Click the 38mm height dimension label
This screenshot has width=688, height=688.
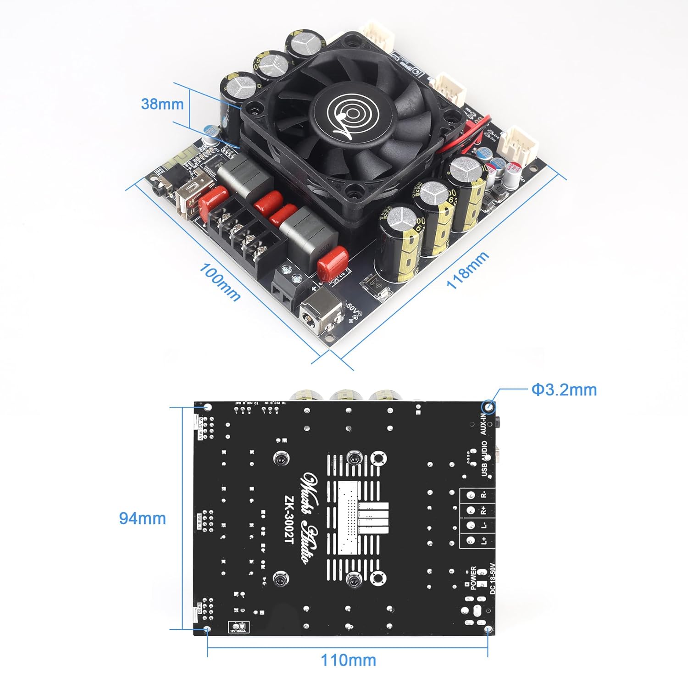tap(162, 104)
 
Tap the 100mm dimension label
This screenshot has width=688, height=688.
tap(220, 281)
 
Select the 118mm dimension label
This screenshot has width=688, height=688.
tap(467, 271)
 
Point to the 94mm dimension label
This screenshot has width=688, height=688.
tap(142, 518)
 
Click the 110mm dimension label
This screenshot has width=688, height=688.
tap(348, 660)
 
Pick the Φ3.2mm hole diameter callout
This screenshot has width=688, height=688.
tap(564, 390)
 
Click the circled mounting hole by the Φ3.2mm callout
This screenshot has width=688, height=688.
tap(489, 407)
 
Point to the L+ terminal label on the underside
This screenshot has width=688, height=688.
tap(484, 541)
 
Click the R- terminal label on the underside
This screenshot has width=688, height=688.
tap(483, 495)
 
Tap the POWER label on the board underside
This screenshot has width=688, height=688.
tap(474, 577)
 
